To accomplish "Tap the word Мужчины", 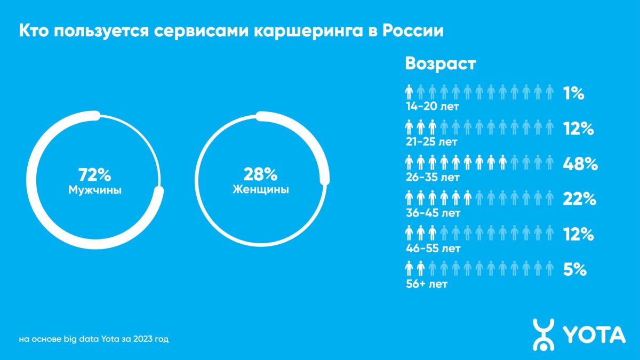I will pyautogui.click(x=95, y=189).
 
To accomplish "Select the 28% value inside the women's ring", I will pyautogui.click(x=261, y=174).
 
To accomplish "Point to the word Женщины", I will pyautogui.click(x=261, y=189).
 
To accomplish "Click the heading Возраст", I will pyautogui.click(x=441, y=64).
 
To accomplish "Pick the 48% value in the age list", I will pyautogui.click(x=580, y=164).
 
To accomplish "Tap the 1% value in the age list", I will pyautogui.click(x=573, y=94).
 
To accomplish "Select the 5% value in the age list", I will pyautogui.click(x=575, y=270).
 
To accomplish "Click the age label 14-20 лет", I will pyautogui.click(x=431, y=107).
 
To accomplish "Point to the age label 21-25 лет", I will pyautogui.click(x=431, y=142).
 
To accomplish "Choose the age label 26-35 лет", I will pyautogui.click(x=432, y=177).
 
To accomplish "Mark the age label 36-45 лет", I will pyautogui.click(x=432, y=213).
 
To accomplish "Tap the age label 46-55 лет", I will pyautogui.click(x=432, y=248).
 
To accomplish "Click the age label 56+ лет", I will pyautogui.click(x=426, y=284).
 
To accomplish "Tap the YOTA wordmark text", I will pyautogui.click(x=594, y=334).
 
